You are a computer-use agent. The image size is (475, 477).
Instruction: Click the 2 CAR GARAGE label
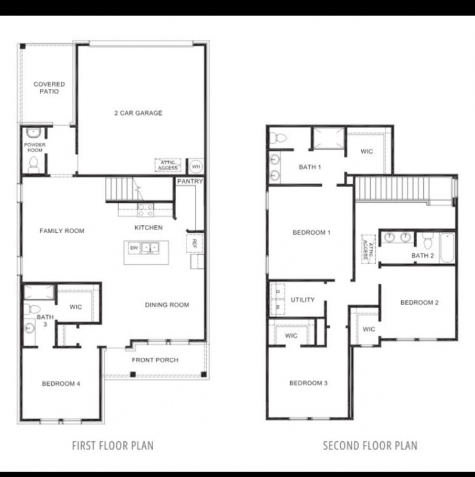138,113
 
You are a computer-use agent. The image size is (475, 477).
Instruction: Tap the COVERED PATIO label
49,88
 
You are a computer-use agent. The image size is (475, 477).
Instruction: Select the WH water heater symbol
196,166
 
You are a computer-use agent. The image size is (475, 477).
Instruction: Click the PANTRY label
190,181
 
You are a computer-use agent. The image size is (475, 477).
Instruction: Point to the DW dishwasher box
134,248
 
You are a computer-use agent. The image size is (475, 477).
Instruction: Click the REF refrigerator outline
195,243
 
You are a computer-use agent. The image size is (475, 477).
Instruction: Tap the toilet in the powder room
33,165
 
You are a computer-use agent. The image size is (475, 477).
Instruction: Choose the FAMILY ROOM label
62,231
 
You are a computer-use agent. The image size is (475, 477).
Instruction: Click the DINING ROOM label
167,305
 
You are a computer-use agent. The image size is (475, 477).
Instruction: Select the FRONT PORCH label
155,360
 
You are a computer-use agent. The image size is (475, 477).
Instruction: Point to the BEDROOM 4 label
61,383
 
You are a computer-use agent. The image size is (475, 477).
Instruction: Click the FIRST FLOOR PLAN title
113,445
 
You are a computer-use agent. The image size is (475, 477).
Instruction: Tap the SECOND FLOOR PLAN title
370,445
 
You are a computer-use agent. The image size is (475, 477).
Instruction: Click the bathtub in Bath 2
447,248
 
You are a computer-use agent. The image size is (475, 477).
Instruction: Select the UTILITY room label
303,300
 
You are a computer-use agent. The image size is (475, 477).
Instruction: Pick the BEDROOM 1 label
311,233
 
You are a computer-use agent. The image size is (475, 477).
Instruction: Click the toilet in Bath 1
278,139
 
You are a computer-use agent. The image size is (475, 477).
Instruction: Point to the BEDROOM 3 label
308,383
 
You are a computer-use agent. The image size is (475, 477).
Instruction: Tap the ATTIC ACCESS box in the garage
168,165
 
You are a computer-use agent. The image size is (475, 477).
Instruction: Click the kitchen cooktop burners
145,210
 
